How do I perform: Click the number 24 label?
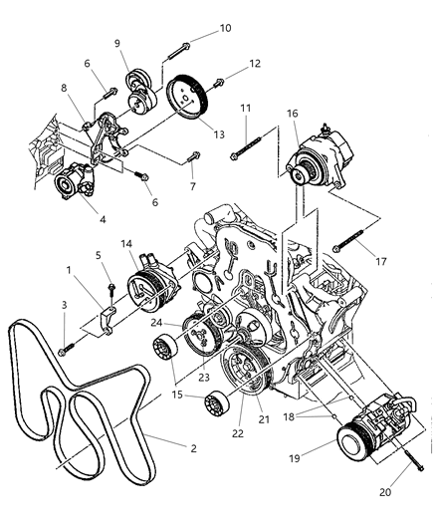click(x=157, y=322)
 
